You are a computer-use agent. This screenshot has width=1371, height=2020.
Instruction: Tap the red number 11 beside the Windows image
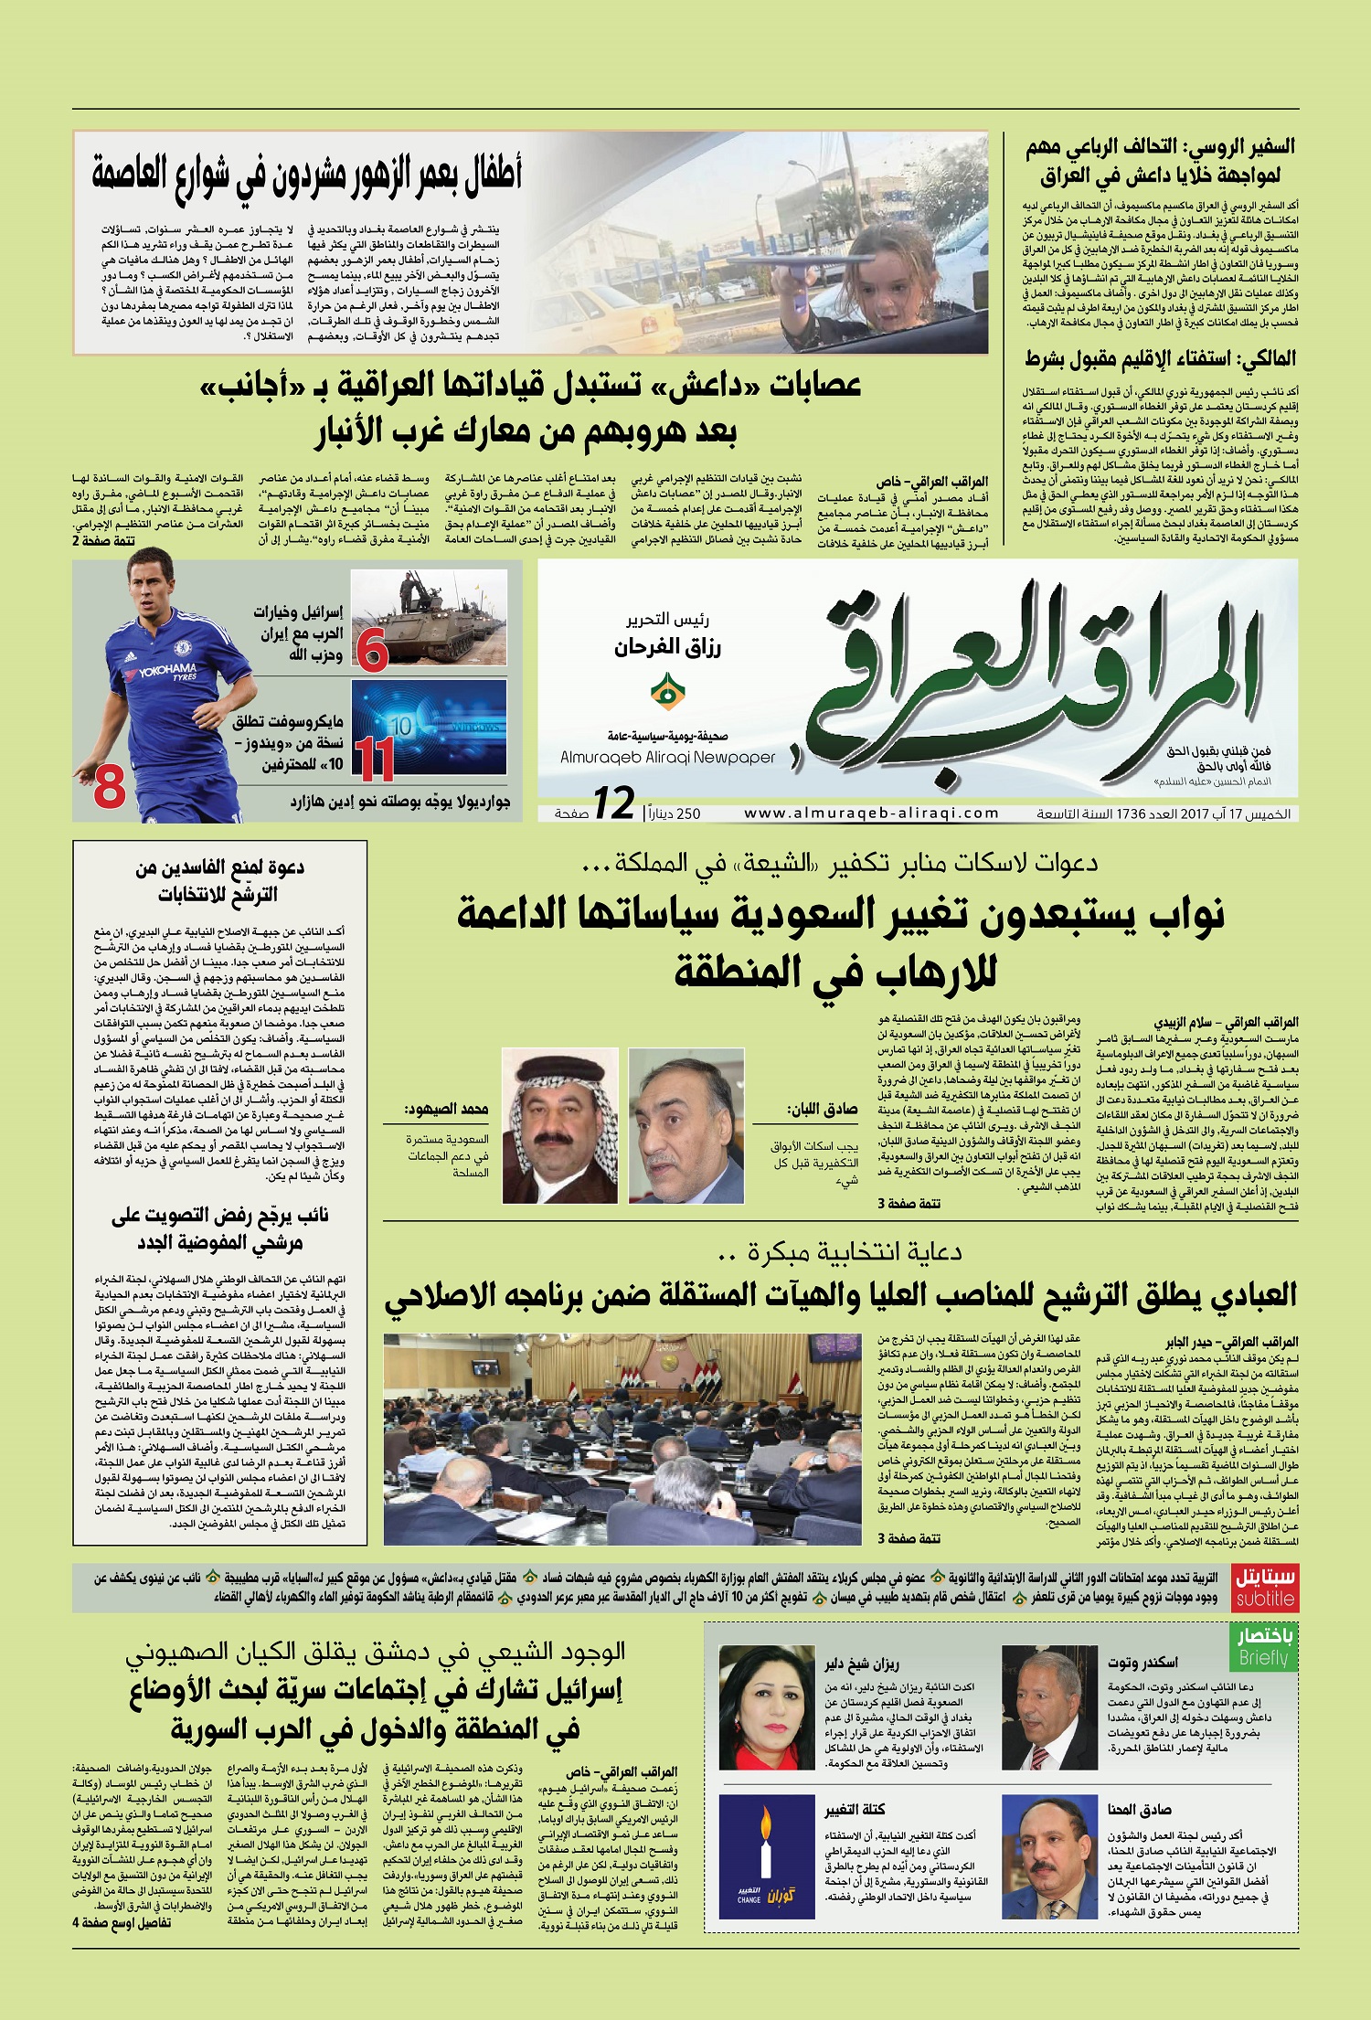(374, 758)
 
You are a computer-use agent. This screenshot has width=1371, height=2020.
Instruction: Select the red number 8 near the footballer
(109, 785)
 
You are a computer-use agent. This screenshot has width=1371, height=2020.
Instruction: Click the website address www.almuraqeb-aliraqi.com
(871, 813)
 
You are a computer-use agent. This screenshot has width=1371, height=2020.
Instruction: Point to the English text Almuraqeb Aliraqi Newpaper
(667, 758)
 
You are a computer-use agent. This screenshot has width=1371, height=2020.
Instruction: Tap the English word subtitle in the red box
(1265, 1600)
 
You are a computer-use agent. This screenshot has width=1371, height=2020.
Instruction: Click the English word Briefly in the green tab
(1263, 1658)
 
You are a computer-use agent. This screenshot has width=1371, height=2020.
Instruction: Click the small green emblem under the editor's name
(668, 692)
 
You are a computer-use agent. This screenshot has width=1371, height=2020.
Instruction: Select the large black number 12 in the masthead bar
(614, 803)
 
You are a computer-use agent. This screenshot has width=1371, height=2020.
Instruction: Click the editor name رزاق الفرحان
(668, 648)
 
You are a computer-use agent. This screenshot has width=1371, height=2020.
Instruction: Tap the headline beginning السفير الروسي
(1161, 161)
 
